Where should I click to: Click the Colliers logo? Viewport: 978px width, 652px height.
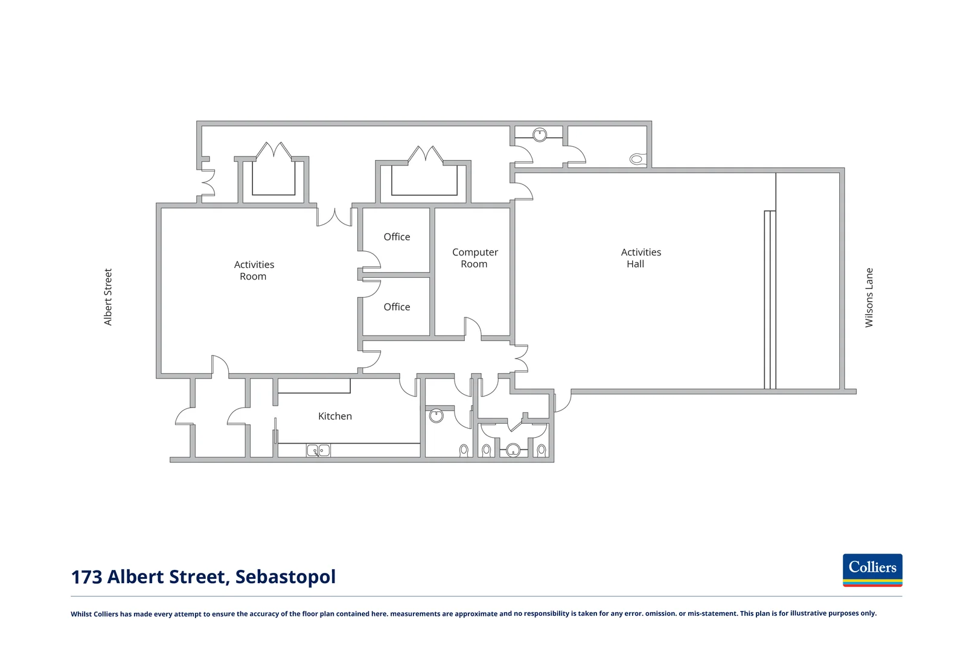tap(872, 570)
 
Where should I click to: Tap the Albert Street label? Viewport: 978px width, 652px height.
tap(108, 297)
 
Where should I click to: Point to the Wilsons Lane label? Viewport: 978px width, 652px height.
tap(869, 298)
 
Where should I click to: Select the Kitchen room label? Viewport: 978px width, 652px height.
tap(335, 416)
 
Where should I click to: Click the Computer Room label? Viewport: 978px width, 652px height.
tap(475, 258)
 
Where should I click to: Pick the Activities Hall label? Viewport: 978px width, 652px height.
tap(641, 258)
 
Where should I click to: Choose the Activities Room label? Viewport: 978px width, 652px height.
tap(254, 270)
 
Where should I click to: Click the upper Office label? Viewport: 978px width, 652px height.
tap(397, 237)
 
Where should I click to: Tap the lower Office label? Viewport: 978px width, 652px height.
tap(397, 307)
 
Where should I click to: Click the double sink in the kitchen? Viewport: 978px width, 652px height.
tap(318, 450)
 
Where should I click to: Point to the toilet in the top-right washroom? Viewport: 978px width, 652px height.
tap(636, 159)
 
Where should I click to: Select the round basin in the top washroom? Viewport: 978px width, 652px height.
tap(540, 135)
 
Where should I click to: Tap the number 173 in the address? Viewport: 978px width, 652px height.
tap(86, 577)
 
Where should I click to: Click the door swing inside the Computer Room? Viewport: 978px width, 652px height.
tap(472, 328)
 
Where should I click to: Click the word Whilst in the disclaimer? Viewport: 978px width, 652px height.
tap(81, 614)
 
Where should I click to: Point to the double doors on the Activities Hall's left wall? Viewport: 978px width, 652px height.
tap(520, 358)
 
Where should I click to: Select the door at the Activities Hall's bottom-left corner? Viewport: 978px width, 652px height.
tap(562, 401)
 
